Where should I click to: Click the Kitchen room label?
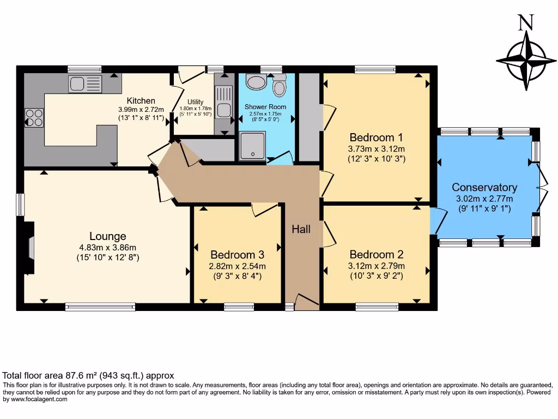click(141, 101)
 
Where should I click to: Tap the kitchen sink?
click(86, 83)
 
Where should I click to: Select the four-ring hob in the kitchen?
click(34, 118)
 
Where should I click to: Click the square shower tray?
click(253, 146)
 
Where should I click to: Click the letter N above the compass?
click(526, 22)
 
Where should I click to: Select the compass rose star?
click(526, 61)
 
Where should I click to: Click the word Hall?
click(301, 229)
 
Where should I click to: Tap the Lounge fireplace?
click(29, 248)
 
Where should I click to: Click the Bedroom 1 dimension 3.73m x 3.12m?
click(377, 149)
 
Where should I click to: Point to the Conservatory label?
click(484, 188)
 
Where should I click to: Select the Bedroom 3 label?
click(238, 255)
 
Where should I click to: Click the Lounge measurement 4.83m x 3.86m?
click(107, 248)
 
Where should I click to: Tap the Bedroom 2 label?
click(377, 254)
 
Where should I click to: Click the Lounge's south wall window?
click(100, 307)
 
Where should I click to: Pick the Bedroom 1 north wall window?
click(375, 69)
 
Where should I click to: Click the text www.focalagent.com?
click(39, 399)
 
